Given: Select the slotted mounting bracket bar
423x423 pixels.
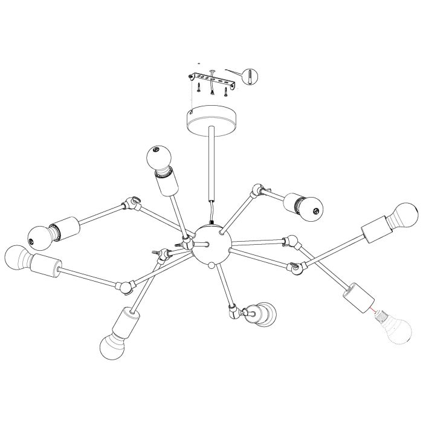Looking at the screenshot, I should click(212, 79).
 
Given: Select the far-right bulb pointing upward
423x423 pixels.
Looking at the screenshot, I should click(405, 215).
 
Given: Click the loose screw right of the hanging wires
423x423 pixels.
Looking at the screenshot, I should click(226, 92).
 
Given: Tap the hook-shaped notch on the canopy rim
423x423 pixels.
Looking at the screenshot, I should click(189, 111).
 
